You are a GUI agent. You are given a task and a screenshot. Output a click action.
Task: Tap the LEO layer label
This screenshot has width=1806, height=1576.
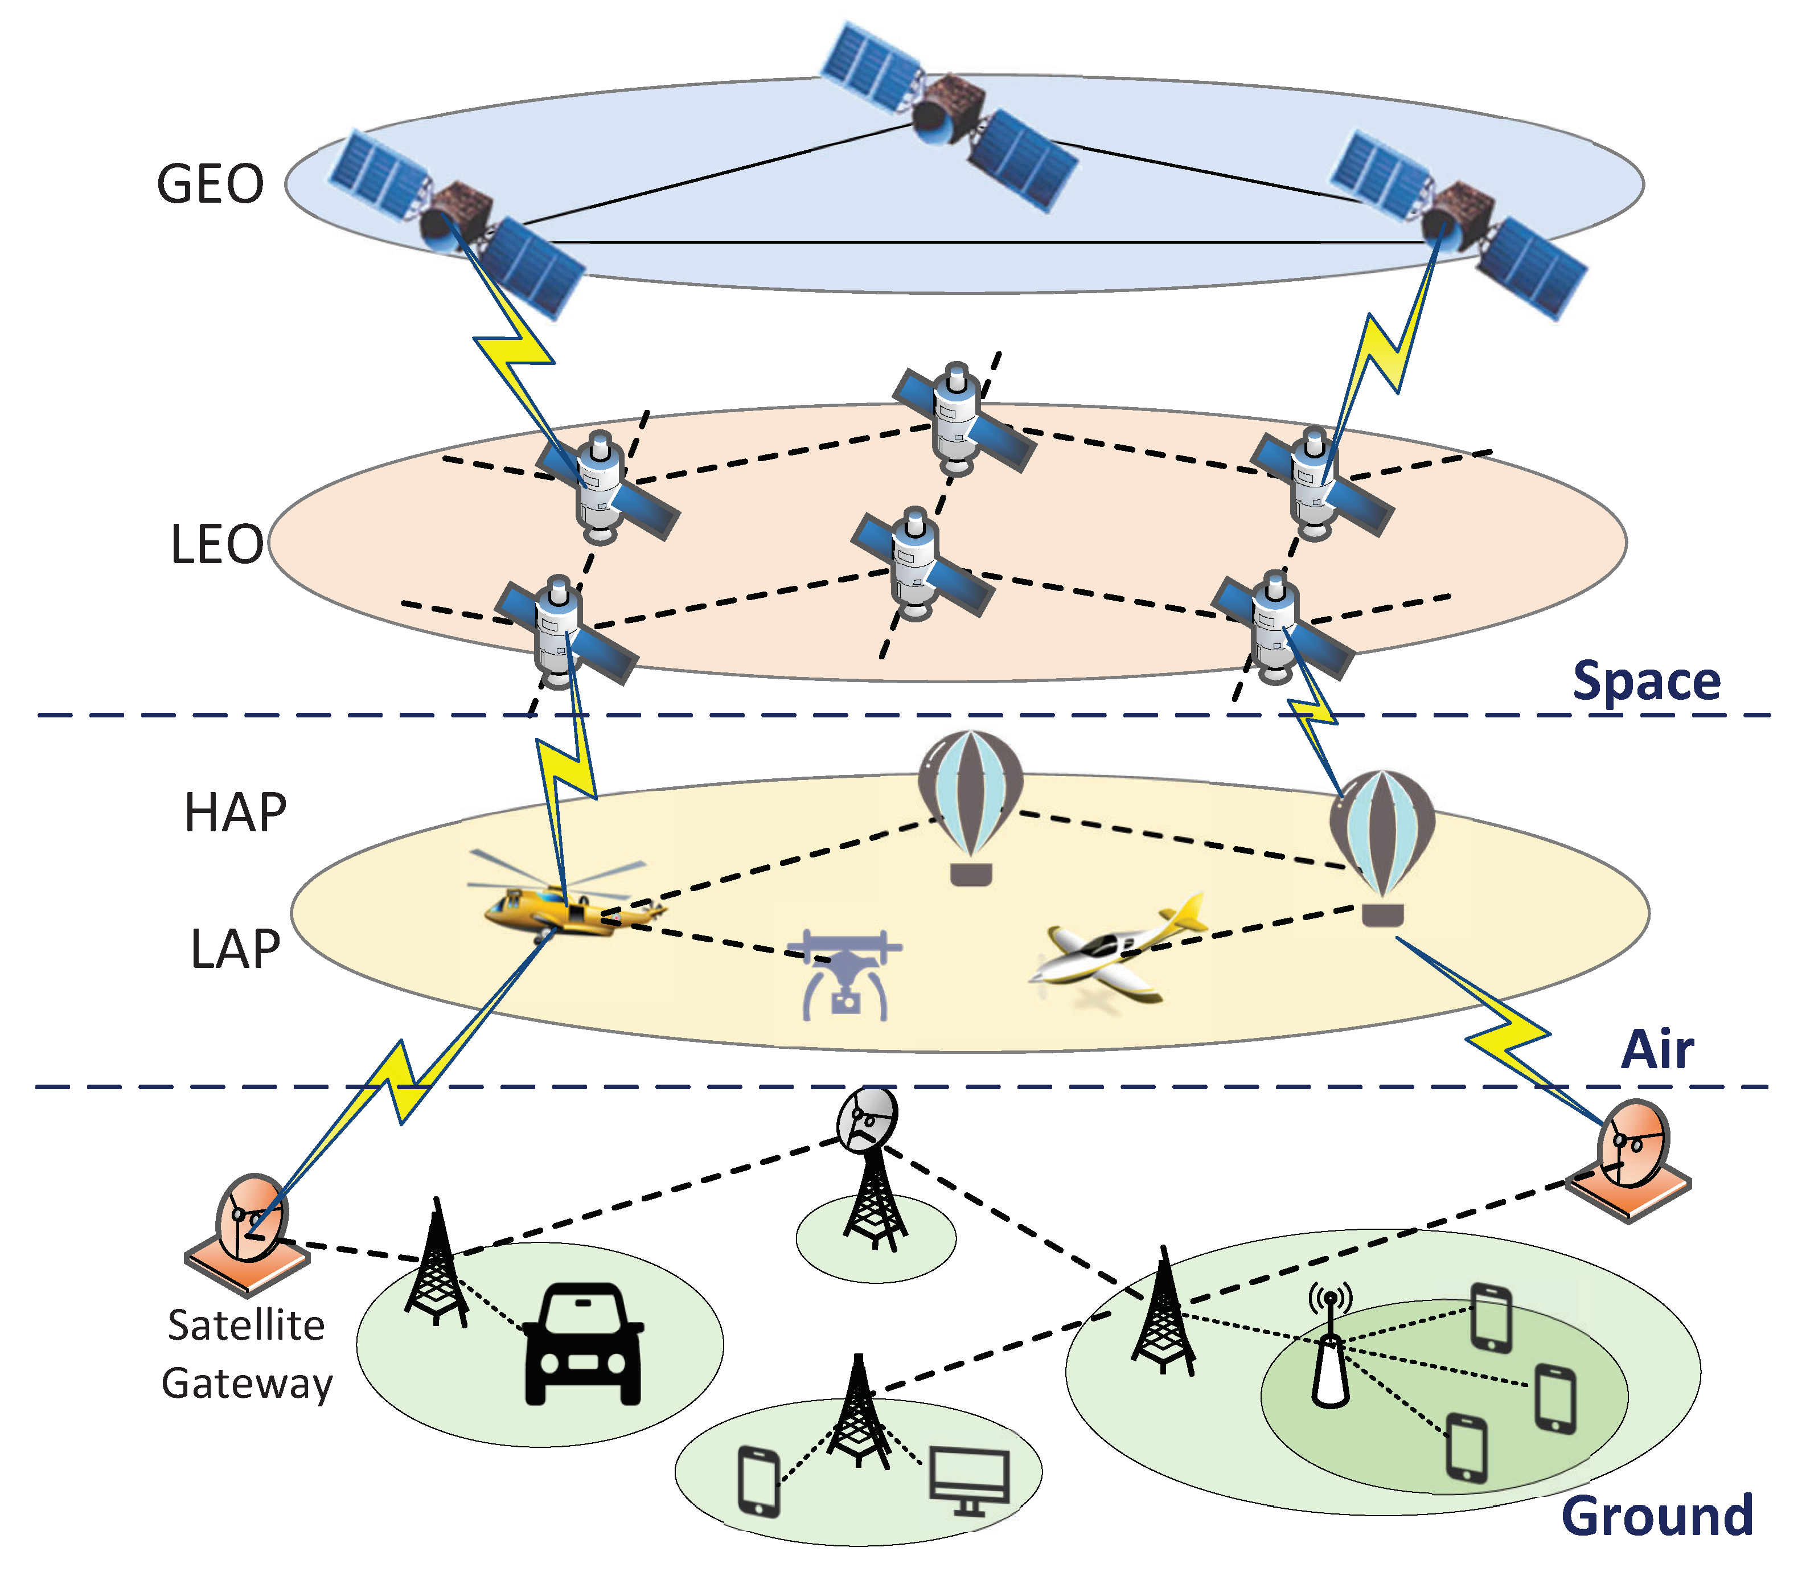[216, 544]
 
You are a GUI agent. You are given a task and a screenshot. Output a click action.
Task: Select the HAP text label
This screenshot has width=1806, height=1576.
[235, 812]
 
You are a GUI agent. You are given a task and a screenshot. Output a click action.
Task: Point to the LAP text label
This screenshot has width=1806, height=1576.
[235, 949]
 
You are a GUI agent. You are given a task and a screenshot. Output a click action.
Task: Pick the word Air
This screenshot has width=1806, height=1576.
[1656, 1049]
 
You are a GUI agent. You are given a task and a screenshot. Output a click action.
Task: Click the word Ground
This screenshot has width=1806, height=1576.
[1656, 1515]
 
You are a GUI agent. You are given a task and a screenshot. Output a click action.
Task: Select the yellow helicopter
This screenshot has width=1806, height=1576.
[563, 906]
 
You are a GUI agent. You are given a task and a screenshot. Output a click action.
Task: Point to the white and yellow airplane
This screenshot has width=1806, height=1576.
[1117, 954]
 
